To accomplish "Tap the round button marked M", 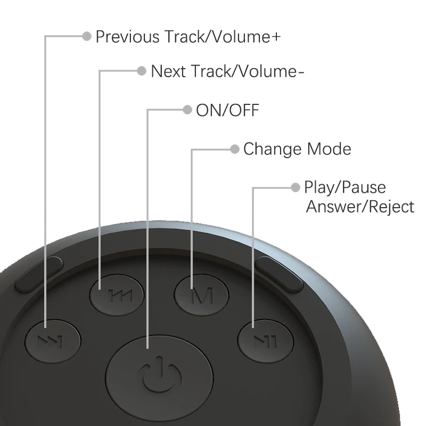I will click(202, 294).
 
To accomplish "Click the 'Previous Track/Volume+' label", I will click(188, 37).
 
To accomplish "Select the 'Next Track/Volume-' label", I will click(228, 71).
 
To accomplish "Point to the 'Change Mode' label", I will click(297, 149).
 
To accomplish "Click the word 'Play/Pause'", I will click(345, 187).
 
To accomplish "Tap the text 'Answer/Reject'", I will click(360, 207).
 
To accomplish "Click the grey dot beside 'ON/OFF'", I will click(187, 110).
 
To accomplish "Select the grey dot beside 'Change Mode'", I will click(234, 149).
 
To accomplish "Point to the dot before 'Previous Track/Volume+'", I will click(87, 36).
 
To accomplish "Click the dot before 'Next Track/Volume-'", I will click(142, 71).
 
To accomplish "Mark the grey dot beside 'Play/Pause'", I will click(296, 187).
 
